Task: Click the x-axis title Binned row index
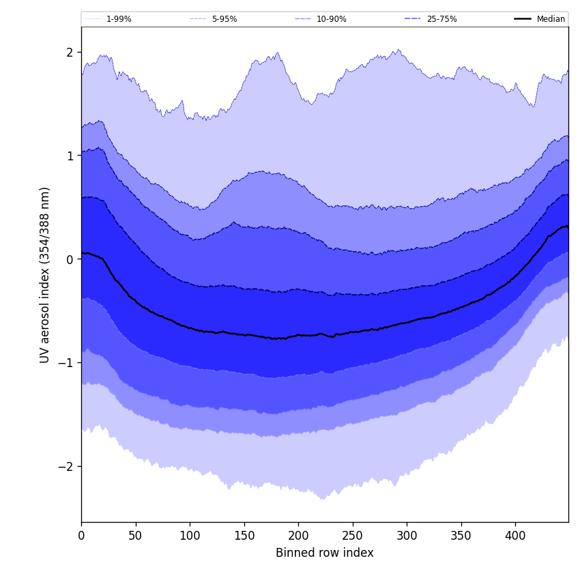325,553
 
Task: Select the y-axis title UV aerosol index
45,274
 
